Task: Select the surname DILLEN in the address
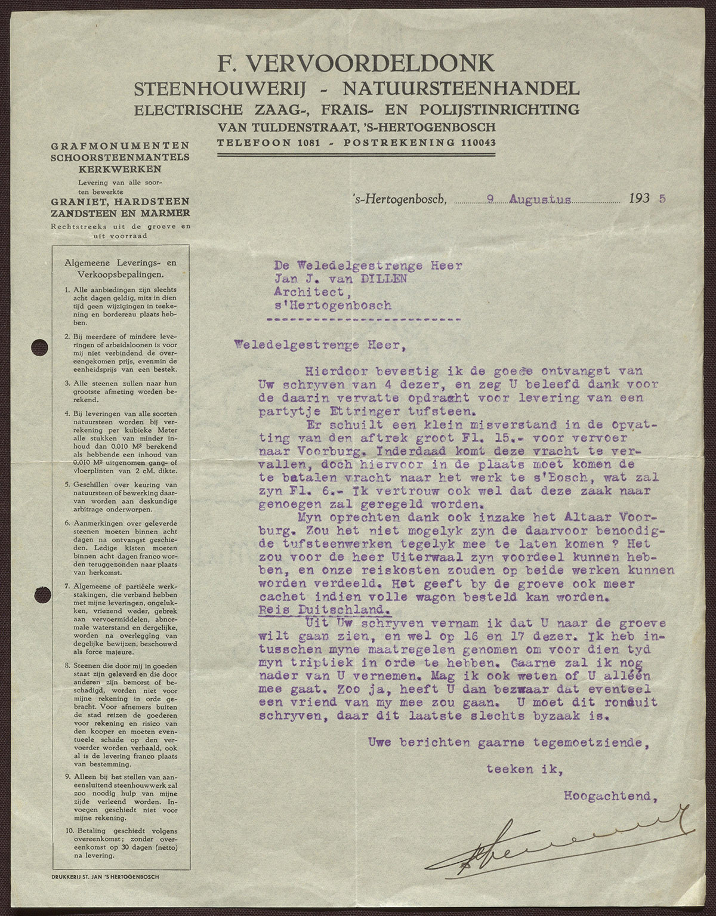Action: pos(388,277)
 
